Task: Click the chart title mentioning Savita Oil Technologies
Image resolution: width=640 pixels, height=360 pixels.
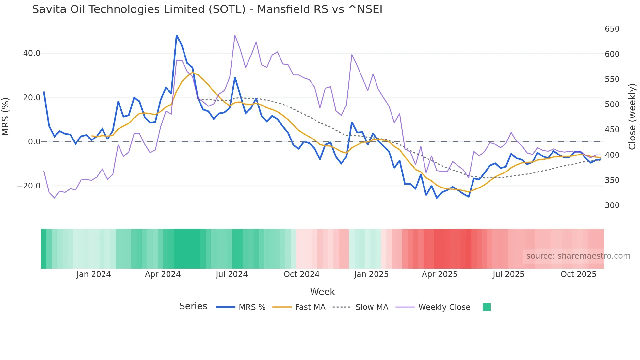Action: coord(207,9)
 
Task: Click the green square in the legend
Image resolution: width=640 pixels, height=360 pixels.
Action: coord(487,307)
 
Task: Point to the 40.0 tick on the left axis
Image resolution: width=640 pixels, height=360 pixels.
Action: coord(32,53)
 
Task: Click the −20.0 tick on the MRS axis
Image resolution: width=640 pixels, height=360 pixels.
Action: coord(29,186)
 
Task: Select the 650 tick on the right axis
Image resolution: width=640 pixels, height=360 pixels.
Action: coord(612,29)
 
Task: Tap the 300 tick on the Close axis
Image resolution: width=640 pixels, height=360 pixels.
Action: coord(612,205)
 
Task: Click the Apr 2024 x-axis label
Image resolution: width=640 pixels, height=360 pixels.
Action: coord(163,274)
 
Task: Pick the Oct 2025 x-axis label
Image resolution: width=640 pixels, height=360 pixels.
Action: coord(578,274)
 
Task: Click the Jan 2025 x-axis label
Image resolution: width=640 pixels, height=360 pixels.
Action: coord(371,274)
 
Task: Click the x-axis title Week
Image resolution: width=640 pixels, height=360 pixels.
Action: coord(322,292)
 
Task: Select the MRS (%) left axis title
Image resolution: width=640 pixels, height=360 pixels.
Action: coord(6,116)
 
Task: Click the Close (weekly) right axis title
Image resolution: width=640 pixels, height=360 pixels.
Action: coord(632,116)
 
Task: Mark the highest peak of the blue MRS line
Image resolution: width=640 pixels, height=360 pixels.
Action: coord(177,35)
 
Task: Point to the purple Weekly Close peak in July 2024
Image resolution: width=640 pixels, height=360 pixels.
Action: coord(235,35)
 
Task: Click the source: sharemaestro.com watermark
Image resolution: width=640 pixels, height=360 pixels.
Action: coord(578,256)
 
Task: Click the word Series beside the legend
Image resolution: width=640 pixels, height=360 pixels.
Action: coord(193,306)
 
